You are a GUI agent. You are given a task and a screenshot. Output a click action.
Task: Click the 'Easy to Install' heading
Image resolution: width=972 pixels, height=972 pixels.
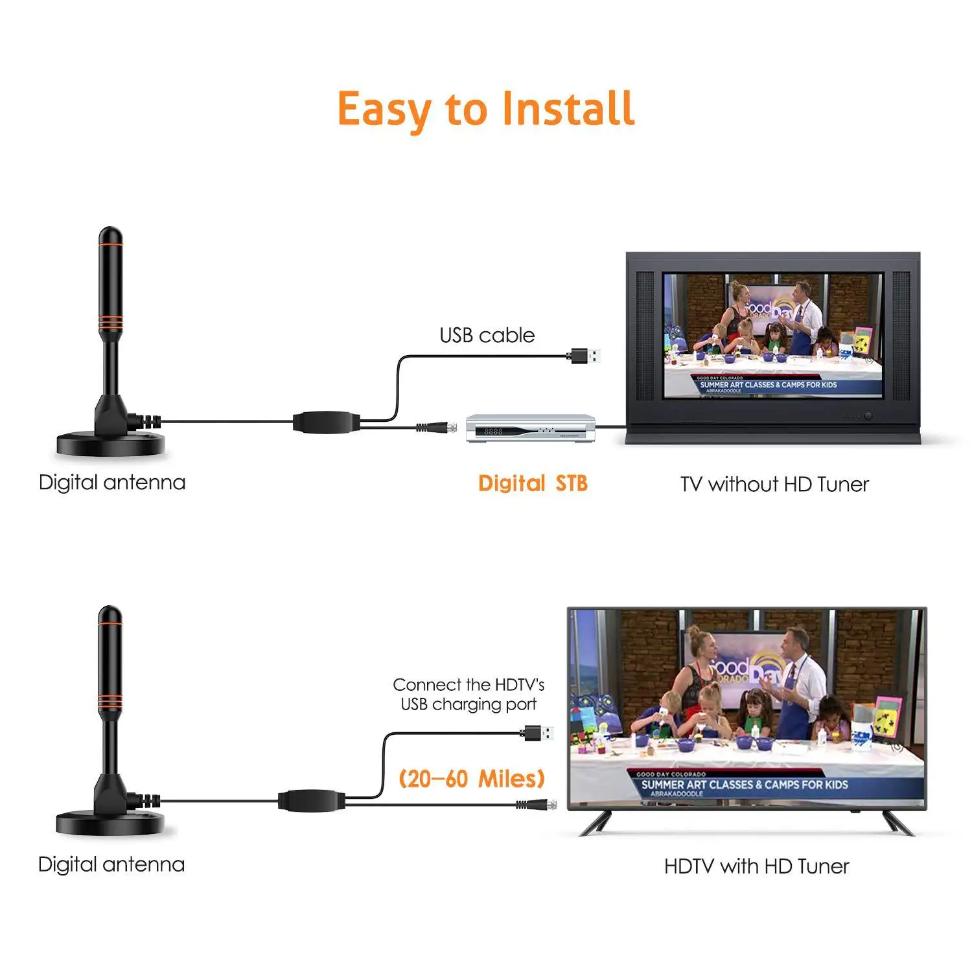click(486, 109)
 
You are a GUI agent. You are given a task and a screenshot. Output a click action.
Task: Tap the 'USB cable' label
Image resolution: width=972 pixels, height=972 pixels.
click(487, 335)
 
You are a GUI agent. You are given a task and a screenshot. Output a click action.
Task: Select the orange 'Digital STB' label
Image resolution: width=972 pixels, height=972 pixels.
click(533, 483)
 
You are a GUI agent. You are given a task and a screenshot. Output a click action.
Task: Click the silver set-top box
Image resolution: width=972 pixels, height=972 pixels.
click(531, 428)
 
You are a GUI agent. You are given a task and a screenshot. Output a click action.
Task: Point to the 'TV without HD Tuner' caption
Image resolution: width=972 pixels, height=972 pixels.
click(774, 484)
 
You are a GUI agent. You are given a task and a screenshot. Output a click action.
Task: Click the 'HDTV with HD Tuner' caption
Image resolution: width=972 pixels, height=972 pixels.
click(756, 866)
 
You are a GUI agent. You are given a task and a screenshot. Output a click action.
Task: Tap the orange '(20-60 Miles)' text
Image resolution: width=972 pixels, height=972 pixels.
click(472, 779)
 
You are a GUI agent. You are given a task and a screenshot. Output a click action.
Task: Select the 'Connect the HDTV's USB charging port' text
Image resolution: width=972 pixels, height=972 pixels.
click(469, 695)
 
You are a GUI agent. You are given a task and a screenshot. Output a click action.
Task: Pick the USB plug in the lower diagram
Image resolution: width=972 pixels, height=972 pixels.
click(539, 733)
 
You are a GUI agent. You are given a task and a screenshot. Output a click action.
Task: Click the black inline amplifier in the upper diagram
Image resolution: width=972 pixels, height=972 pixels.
click(326, 422)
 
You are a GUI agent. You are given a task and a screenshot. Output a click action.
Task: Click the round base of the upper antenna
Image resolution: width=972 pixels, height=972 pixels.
click(111, 445)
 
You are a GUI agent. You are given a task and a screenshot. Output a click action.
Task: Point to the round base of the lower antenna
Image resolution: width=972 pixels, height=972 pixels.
click(110, 824)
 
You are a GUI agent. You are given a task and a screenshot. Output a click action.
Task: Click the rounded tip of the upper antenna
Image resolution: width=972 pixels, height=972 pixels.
click(110, 235)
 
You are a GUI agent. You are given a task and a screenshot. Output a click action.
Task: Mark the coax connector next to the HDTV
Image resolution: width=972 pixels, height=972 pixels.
click(537, 805)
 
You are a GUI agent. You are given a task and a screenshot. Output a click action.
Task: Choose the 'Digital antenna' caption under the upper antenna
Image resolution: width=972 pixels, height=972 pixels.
click(112, 483)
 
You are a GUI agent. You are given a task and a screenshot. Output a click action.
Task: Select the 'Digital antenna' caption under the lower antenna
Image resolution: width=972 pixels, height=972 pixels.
click(111, 864)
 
